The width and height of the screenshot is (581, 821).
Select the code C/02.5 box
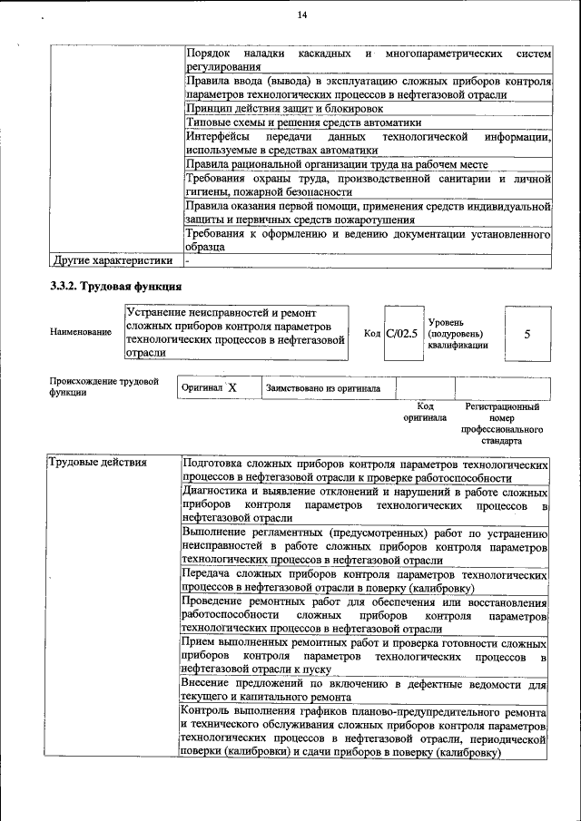click(401, 334)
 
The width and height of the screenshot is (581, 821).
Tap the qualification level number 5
click(527, 334)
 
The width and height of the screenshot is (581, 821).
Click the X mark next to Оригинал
click(231, 387)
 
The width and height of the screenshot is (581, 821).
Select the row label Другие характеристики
click(113, 261)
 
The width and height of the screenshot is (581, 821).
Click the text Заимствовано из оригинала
click(323, 388)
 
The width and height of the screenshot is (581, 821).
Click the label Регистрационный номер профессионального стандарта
click(502, 424)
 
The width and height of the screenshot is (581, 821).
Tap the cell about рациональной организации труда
click(337, 164)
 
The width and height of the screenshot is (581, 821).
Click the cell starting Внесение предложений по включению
click(363, 690)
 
